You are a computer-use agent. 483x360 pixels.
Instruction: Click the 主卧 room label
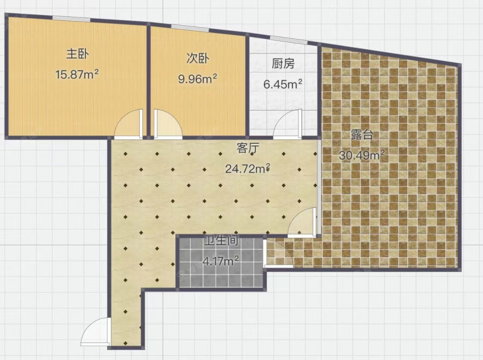(77, 54)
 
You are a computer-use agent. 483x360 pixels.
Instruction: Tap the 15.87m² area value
(77, 74)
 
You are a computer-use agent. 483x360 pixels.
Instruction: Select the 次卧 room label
(198, 58)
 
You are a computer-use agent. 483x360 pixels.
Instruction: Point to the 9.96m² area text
(198, 79)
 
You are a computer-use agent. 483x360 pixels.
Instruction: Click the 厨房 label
(283, 63)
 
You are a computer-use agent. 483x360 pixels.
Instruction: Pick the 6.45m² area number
(283, 83)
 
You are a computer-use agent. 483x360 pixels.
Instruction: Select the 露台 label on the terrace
(362, 135)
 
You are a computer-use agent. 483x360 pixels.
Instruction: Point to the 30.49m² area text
(362, 155)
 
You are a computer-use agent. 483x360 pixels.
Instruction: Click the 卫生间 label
(222, 240)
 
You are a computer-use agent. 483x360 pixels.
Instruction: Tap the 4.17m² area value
(221, 261)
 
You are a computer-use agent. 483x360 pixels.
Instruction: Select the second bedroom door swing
(168, 123)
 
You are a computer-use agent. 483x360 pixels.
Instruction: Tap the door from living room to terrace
(302, 222)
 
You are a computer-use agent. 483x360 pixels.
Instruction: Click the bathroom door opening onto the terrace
(279, 252)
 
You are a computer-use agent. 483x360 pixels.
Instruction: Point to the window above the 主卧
(71, 19)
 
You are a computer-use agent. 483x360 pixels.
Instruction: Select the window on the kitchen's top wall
(288, 39)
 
